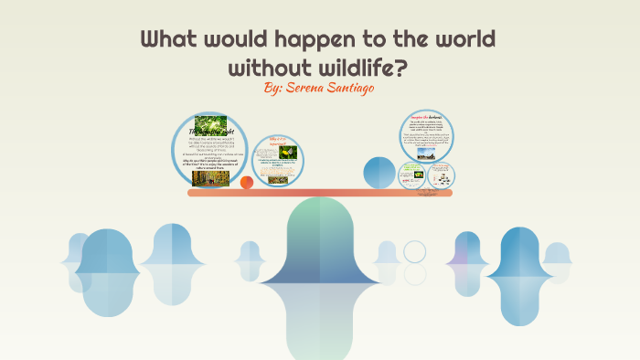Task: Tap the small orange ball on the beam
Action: pos(246,183)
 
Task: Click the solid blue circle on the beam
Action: pos(379,173)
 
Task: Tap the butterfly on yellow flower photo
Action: pos(287,152)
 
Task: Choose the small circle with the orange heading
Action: pos(442,175)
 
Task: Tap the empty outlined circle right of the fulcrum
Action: pos(415,251)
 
